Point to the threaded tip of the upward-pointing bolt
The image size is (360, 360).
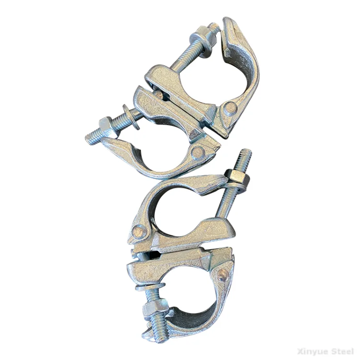(244, 155)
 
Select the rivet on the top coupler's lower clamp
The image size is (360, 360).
(197, 153)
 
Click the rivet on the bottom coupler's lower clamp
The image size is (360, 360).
(221, 276)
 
